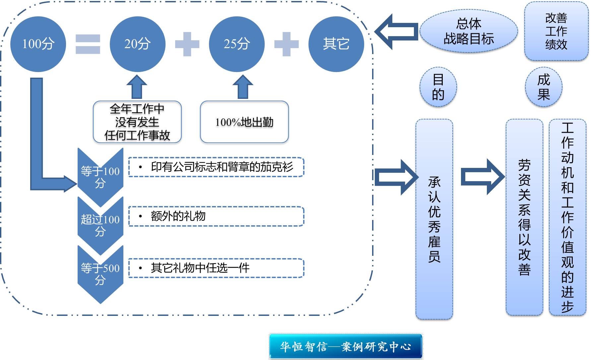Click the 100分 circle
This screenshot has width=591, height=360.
tap(38, 44)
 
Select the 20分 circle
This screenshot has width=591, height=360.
tap(137, 44)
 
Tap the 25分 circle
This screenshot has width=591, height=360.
tap(236, 44)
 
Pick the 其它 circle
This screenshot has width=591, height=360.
tap(336, 44)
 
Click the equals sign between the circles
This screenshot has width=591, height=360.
tap(88, 44)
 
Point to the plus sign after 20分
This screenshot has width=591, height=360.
tap(187, 44)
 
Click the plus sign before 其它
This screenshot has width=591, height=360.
tap(287, 44)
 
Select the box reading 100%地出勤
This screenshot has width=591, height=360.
tap(244, 122)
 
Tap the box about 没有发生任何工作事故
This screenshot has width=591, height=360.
tap(137, 122)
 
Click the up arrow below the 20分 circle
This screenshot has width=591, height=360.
tap(137, 87)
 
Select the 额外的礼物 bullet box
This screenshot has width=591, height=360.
tap(216, 216)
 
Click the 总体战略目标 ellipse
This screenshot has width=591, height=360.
tap(469, 31)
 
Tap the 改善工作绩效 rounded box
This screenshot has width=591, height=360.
tap(556, 31)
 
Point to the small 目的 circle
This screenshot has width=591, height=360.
tap(438, 87)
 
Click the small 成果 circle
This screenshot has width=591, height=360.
tap(544, 87)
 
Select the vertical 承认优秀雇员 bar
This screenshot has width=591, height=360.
tap(434, 219)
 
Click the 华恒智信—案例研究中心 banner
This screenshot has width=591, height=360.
tap(346, 347)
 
